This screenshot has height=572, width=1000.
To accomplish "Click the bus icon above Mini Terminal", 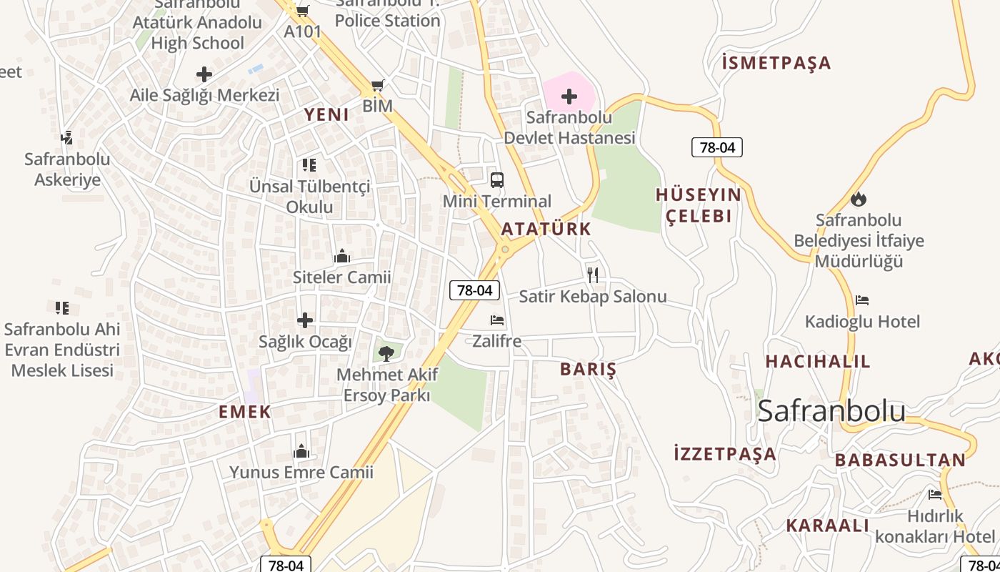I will tap(497, 180).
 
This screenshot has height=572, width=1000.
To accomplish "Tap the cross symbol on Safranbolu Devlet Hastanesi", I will tap(569, 96).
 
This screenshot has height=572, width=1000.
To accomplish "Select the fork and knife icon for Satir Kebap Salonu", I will tap(592, 275).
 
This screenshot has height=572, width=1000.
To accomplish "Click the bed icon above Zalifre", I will tap(497, 320).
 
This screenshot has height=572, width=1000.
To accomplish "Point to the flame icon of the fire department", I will tap(859, 199).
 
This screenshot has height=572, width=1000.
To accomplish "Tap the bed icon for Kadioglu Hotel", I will tap(862, 300).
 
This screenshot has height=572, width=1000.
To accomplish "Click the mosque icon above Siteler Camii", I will tap(342, 256).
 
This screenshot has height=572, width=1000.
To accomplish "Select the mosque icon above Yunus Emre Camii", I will tap(301, 451).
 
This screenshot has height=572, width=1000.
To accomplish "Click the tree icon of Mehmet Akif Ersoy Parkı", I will tap(386, 352).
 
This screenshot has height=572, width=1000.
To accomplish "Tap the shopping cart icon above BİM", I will tap(378, 86).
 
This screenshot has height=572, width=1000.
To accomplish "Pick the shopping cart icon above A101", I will tap(302, 11).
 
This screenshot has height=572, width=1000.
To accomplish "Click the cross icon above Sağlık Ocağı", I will tap(305, 320).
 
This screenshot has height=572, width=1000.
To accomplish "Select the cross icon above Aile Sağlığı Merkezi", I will tap(204, 74).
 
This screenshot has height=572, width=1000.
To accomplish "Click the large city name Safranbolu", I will tap(831, 410).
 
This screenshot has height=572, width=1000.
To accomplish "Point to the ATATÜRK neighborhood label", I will tap(546, 229).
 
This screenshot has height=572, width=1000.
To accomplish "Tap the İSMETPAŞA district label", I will tap(776, 63).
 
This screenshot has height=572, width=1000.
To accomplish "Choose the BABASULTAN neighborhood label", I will tap(900, 460).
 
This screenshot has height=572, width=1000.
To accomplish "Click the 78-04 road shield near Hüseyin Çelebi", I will tap(717, 147).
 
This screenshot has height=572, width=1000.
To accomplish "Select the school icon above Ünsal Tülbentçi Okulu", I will tap(309, 165).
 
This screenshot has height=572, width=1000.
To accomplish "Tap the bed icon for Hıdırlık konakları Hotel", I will tap(935, 495).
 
